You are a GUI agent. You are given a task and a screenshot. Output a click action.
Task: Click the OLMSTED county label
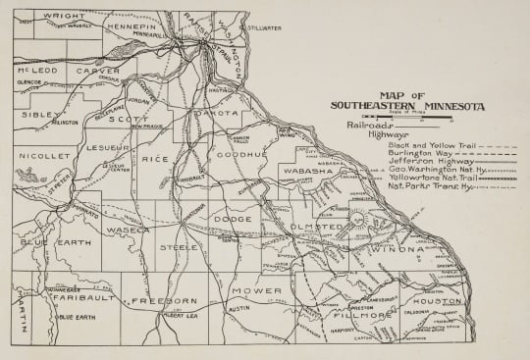(x=316, y=227)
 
